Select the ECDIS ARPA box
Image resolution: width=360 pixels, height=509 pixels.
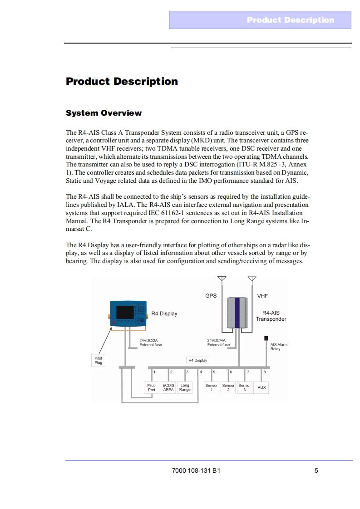click(168, 387)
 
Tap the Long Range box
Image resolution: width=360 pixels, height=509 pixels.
click(185, 387)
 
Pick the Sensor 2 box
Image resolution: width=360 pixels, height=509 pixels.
click(228, 387)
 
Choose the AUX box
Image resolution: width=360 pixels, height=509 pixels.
click(261, 387)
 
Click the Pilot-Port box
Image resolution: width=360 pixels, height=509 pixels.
click(152, 387)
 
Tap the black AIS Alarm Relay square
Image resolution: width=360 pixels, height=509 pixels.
click(266, 338)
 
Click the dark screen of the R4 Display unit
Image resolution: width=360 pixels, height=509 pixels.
click(125, 312)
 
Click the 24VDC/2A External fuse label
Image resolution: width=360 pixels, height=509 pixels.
click(150, 343)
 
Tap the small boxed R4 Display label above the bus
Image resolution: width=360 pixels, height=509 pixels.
click(197, 360)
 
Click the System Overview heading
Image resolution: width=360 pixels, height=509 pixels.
click(104, 113)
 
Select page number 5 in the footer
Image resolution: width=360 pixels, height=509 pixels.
click(316, 470)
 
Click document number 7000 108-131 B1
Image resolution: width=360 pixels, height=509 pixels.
click(196, 470)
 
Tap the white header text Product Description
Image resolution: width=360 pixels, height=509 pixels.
click(290, 20)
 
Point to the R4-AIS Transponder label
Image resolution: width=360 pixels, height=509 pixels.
click(271, 316)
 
